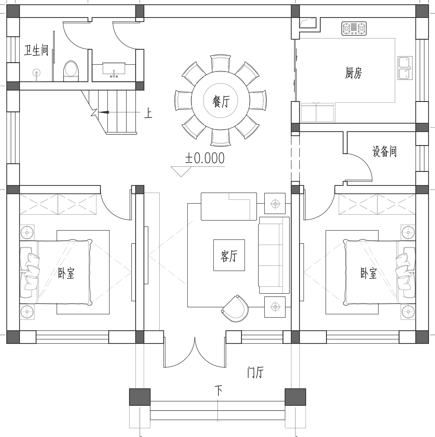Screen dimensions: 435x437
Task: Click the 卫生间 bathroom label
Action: click(36, 50)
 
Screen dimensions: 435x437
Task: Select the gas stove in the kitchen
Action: click(354, 28)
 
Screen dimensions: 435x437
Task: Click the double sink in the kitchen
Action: click(405, 68)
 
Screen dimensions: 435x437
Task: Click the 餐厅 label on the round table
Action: click(221, 101)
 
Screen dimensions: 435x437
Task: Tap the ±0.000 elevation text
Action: click(205, 158)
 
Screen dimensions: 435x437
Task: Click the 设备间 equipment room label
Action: click(384, 151)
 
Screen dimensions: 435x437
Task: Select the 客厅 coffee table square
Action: click(229, 255)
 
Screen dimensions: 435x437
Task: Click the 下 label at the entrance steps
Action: click(218, 391)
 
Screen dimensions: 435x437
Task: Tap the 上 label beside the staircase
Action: click(148, 113)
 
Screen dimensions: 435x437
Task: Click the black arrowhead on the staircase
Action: click(103, 112)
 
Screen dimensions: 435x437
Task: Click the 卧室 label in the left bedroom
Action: click(66, 273)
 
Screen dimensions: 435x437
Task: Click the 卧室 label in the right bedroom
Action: click(369, 273)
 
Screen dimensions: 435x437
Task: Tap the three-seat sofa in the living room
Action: click(274, 255)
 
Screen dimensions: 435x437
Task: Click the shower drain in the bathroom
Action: click(36, 72)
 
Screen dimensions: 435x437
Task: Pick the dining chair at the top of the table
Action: click(221, 63)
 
